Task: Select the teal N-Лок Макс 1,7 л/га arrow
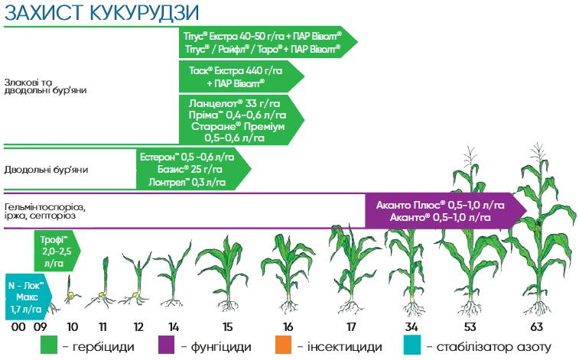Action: point(28,296)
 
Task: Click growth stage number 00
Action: point(19,328)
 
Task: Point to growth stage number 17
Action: point(351,328)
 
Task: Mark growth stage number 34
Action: point(411,328)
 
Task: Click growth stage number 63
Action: point(536,328)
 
